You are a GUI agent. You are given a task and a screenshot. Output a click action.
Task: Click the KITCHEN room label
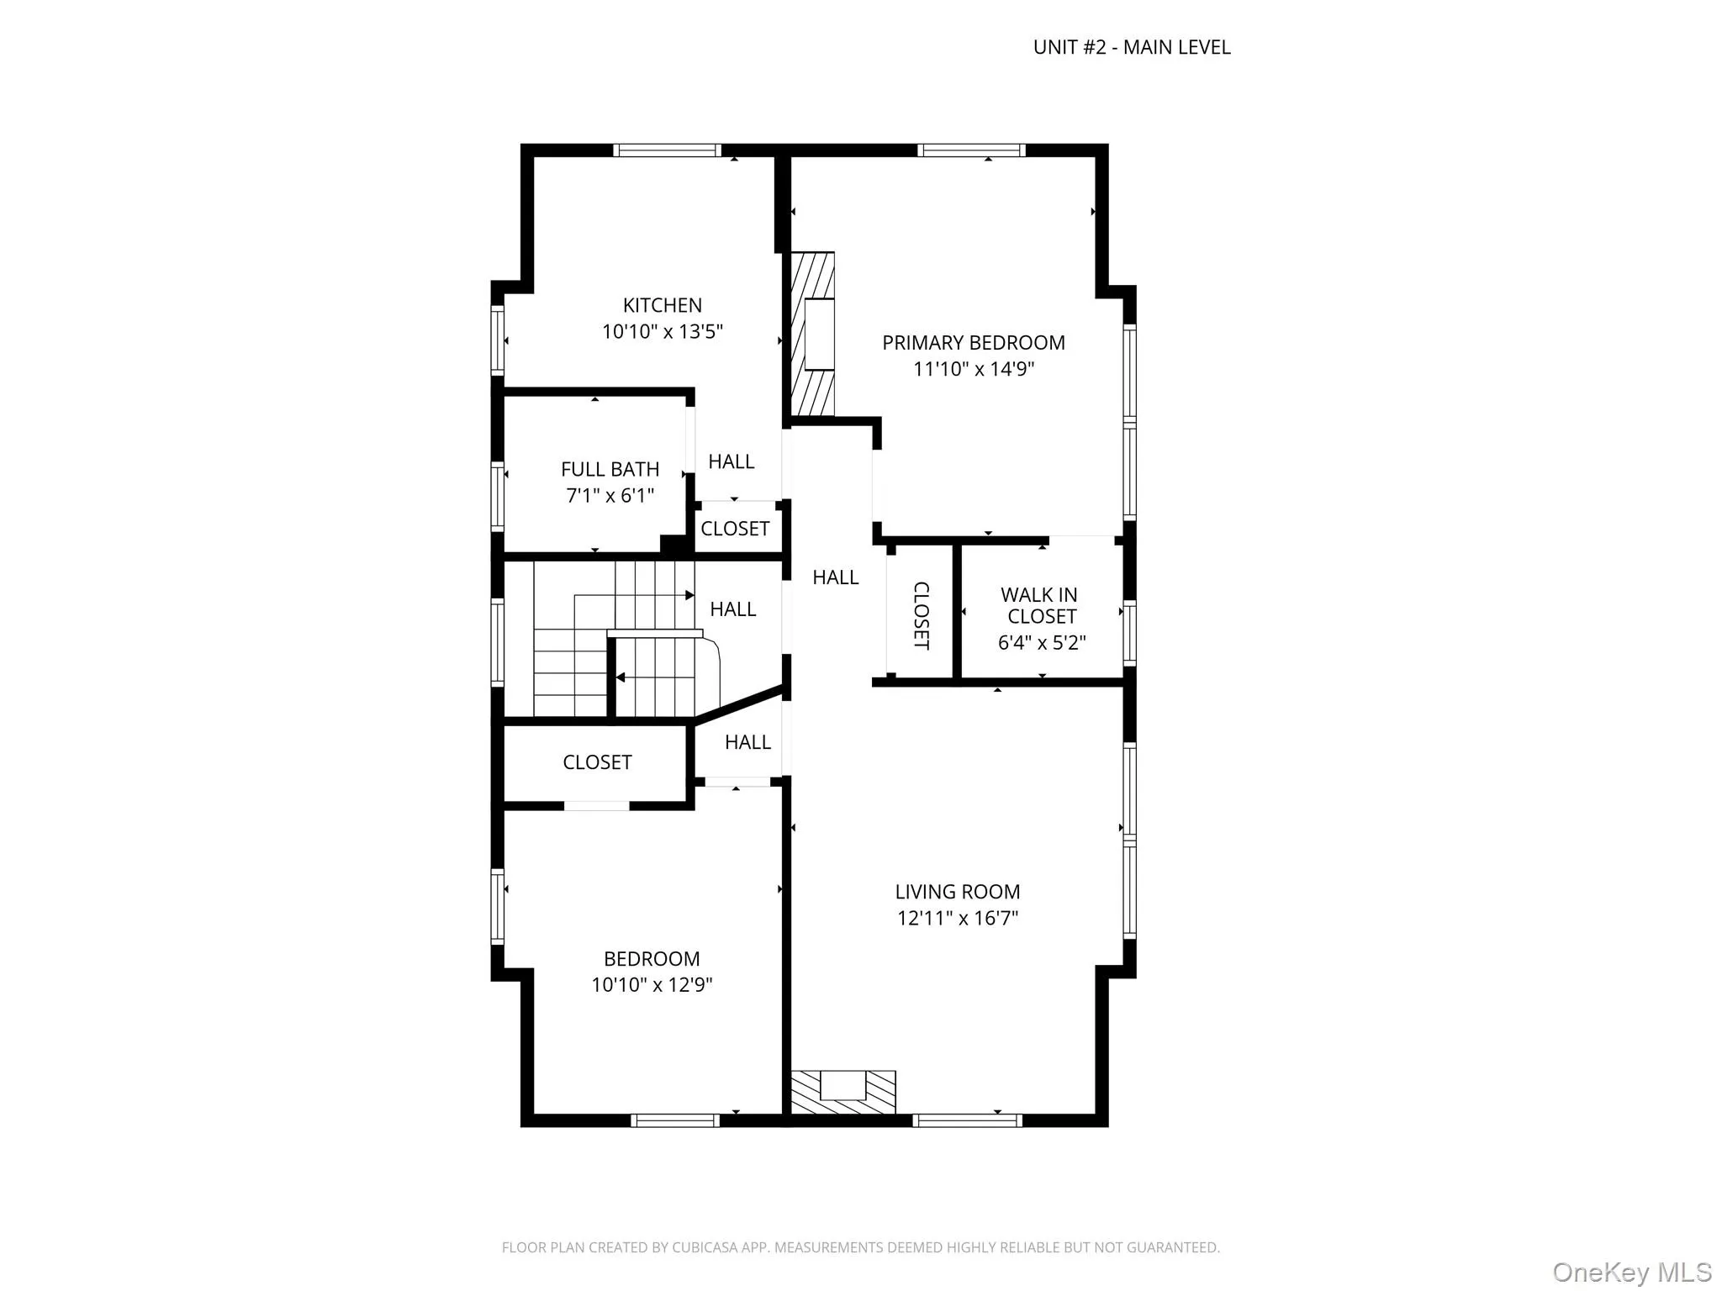pos(662,305)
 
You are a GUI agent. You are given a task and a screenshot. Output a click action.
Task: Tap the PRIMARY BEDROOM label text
pos(973,343)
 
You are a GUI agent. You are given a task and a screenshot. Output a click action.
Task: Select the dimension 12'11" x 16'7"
pos(957,918)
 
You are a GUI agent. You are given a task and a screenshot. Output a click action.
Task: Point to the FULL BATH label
pos(610,469)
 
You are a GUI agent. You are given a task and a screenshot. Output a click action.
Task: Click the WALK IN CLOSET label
pos(1041,605)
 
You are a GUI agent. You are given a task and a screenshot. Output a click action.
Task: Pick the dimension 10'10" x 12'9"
pos(652,984)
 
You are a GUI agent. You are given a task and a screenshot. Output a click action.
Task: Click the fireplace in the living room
pos(843,1092)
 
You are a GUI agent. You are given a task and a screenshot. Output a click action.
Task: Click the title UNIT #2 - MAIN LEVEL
pos(1131,48)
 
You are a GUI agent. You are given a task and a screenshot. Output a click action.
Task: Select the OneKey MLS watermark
pos(1631,1272)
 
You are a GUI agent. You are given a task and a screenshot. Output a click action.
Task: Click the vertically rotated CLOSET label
pos(921,615)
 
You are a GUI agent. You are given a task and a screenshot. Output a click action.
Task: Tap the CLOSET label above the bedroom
pos(597,762)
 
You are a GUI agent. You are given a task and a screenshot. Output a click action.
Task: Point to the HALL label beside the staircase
pos(732,609)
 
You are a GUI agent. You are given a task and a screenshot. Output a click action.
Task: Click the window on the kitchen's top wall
pos(667,151)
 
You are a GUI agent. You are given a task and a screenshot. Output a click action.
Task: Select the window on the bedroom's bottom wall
pos(674,1120)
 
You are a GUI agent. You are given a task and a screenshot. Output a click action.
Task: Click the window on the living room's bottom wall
pos(967,1120)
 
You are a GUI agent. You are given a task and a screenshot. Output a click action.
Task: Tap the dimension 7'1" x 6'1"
pos(610,496)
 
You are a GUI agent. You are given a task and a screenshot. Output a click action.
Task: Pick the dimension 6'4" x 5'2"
pos(1041,643)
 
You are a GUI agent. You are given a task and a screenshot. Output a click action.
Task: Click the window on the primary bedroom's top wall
pos(971,151)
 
